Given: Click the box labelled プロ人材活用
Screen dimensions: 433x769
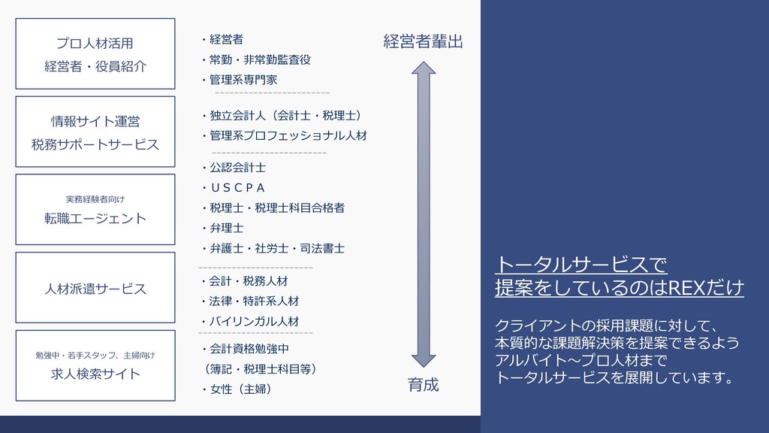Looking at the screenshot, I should [x=95, y=54].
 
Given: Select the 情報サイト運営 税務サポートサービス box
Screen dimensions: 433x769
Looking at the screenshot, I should [x=95, y=132].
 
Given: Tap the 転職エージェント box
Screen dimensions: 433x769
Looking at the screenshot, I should [x=95, y=210].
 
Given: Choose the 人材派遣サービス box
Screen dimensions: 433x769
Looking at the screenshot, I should [x=95, y=288].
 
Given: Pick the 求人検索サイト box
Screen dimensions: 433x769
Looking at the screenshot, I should [x=95, y=366].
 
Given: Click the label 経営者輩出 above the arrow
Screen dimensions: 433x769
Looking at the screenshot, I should [x=424, y=42].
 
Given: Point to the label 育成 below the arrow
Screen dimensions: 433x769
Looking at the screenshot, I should [x=424, y=386].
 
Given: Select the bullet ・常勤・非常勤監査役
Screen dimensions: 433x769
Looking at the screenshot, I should [x=255, y=59].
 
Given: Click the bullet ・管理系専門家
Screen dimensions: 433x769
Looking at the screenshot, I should [x=239, y=80].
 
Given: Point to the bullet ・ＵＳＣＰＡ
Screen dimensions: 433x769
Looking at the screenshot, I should [x=234, y=187].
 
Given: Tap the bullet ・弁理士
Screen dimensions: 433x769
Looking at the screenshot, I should [x=222, y=227].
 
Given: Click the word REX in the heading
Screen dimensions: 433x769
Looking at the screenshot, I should [x=683, y=287].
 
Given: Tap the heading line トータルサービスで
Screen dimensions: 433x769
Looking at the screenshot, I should [x=581, y=265].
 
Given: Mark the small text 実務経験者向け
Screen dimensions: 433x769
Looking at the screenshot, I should [x=95, y=199].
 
